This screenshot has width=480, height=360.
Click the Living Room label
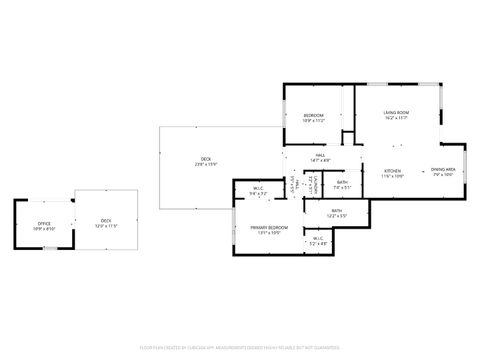(x=396, y=113)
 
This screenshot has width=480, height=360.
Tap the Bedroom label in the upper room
(x=314, y=116)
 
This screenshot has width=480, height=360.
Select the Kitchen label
(x=393, y=171)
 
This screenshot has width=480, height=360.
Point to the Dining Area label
(x=443, y=171)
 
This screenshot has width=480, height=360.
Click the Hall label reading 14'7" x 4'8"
(x=320, y=155)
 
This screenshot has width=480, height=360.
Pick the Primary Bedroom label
(x=269, y=228)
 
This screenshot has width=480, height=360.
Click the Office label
(x=44, y=223)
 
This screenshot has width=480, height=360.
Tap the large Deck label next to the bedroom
(x=206, y=160)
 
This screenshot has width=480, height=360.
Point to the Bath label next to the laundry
(x=342, y=182)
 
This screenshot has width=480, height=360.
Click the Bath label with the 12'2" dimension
(x=337, y=211)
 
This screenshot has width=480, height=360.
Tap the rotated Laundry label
(x=312, y=184)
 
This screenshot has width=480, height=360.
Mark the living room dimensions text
(x=396, y=118)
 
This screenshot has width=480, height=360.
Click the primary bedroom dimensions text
(x=269, y=232)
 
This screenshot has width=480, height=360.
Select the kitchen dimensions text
(x=393, y=176)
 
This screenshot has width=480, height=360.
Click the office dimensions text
(x=44, y=228)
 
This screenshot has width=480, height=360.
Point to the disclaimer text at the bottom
(x=240, y=346)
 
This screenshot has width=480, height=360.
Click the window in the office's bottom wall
(x=44, y=248)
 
